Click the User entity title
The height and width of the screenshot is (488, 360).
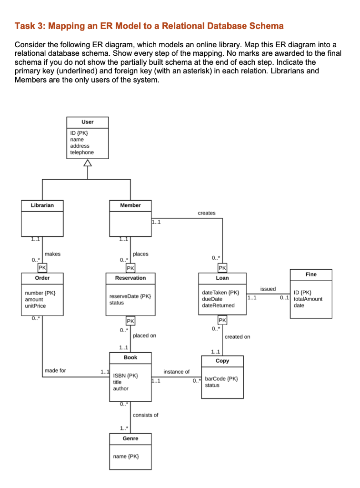click(x=88, y=122)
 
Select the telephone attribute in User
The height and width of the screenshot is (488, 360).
click(x=82, y=152)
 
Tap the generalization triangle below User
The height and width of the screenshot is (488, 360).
click(x=88, y=163)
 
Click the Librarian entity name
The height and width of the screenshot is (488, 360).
click(x=42, y=205)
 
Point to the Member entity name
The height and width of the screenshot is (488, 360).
click(x=130, y=205)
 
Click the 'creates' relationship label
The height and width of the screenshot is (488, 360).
click(x=207, y=213)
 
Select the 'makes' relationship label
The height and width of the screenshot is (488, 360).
click(x=52, y=254)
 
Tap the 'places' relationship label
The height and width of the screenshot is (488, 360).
click(x=140, y=254)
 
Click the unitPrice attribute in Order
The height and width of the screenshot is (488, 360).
click(x=35, y=305)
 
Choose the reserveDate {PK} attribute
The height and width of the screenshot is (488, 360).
click(x=130, y=296)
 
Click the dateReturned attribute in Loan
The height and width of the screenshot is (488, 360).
click(x=218, y=305)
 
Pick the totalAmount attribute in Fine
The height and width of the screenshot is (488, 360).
click(x=308, y=299)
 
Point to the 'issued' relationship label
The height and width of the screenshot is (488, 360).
click(x=268, y=289)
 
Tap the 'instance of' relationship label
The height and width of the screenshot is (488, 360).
click(x=176, y=372)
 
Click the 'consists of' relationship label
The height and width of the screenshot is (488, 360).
click(x=145, y=415)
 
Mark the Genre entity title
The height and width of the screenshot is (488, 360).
click(x=130, y=438)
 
